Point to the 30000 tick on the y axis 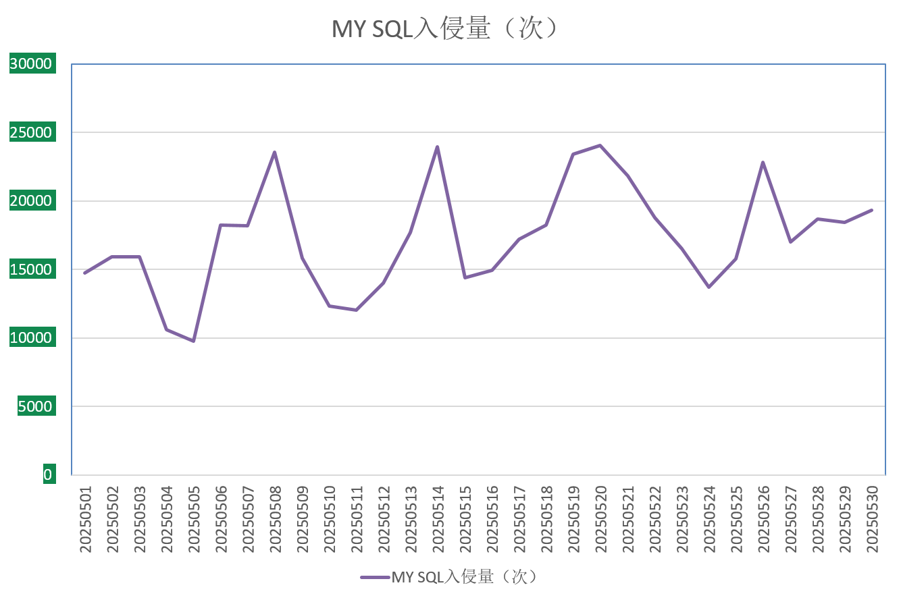31,64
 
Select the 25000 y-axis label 31,132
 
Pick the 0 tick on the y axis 47,474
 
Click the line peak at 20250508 274,152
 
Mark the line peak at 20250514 437,146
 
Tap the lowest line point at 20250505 193,341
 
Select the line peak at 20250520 600,145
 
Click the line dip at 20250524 709,287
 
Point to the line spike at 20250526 763,162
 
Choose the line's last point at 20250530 871,210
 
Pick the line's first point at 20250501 85,273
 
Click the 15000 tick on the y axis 31,269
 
